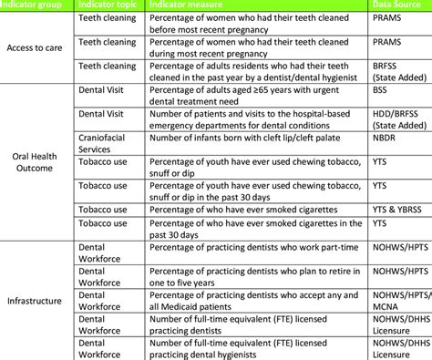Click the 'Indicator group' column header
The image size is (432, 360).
click(35, 6)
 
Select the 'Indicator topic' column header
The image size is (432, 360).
click(108, 6)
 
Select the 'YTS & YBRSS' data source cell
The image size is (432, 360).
click(398, 209)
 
